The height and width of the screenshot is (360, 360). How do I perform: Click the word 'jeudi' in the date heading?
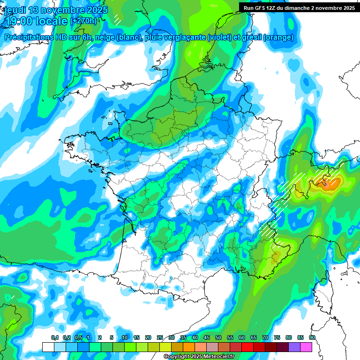[x=15, y=9]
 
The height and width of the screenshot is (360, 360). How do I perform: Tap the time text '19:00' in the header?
[x=19, y=21]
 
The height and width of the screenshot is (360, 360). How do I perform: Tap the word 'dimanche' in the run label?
[x=312, y=7]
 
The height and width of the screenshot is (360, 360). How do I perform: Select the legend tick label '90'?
[x=312, y=337]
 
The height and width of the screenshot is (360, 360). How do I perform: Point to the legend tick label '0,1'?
[x=54, y=337]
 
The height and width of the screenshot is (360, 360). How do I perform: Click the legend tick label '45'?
[x=207, y=337]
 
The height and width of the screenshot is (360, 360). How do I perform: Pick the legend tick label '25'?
[x=160, y=337]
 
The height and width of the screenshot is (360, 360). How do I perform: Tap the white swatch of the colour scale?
[x=48, y=347]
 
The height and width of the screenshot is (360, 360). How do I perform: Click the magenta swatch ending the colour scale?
[x=307, y=347]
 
